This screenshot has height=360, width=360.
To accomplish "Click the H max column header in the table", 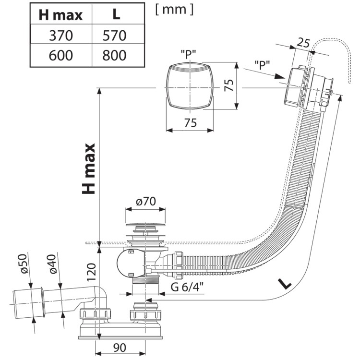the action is tap(60, 15).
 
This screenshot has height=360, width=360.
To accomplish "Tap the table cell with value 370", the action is tap(61, 36).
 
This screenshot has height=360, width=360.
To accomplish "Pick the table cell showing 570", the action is tap(114, 36).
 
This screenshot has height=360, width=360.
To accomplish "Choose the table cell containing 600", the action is tap(61, 55).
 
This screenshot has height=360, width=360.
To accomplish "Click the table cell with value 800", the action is tap(114, 55).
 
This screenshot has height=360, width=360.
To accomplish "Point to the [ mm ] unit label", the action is tap(175, 10).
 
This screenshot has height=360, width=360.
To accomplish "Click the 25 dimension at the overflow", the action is tap(303, 43).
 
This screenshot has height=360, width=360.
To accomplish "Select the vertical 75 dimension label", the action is tap(229, 85).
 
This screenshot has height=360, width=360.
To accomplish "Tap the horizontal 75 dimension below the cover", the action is tap(191, 122).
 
